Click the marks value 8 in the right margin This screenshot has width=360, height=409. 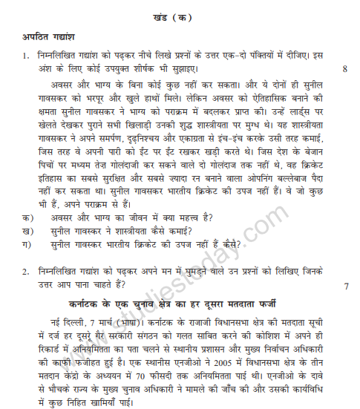pyautogui.click(x=344, y=69)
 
